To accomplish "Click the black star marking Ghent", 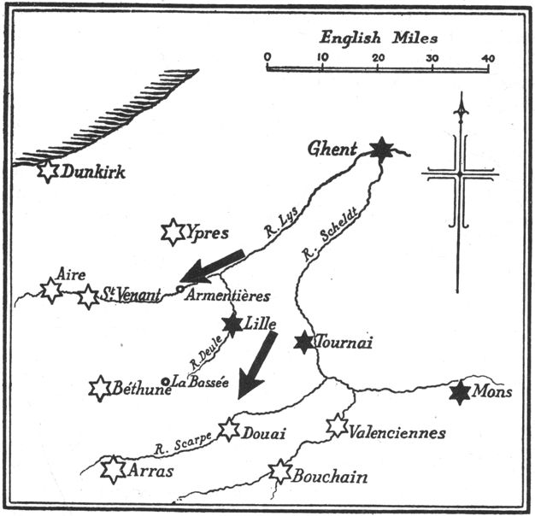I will (381, 150).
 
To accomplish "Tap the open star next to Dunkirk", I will (48, 171).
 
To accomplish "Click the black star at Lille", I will (232, 325).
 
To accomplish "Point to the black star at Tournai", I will (303, 343).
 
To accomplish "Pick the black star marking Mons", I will (461, 392).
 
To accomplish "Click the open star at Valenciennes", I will (337, 425).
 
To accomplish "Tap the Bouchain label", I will (331, 477).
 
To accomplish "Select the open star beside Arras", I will (113, 469).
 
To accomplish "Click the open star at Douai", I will (228, 429).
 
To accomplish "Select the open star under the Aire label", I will (51, 290).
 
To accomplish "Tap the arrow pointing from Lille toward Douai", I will (257, 364).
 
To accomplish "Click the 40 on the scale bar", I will (488, 57).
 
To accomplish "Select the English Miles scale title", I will (379, 37).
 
